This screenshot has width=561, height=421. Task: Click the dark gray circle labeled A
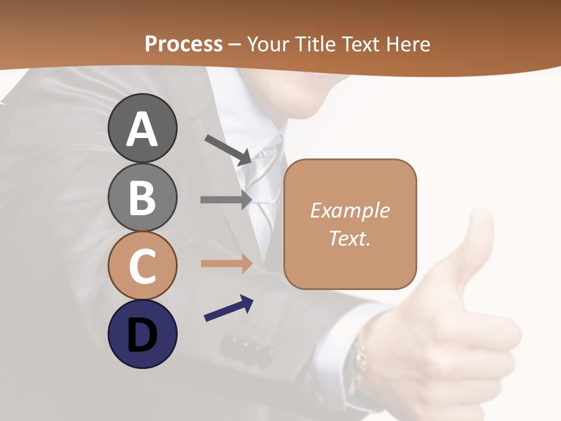(x=142, y=128)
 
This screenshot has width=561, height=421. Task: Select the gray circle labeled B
(x=142, y=197)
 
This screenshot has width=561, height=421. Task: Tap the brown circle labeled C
(x=142, y=265)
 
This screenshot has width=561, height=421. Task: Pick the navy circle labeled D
(x=142, y=334)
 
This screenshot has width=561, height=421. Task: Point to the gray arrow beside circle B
(x=226, y=199)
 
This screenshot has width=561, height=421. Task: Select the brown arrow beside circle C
(x=226, y=264)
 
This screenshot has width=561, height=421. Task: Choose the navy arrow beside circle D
(x=228, y=308)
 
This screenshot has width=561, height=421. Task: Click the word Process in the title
(x=183, y=44)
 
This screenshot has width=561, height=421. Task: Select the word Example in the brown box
(x=349, y=210)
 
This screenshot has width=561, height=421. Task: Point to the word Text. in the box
(x=349, y=238)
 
